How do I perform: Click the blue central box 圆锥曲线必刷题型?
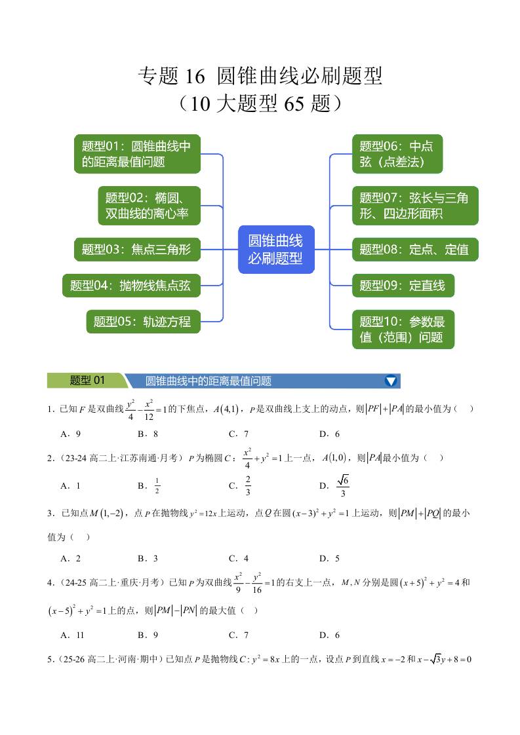click(x=275, y=250)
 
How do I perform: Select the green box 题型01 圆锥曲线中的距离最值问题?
click(x=137, y=155)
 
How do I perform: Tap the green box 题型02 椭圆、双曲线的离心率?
click(x=150, y=206)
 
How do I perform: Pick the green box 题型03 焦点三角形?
click(x=137, y=250)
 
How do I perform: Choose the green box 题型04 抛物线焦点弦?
click(x=131, y=285)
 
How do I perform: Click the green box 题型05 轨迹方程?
click(x=143, y=322)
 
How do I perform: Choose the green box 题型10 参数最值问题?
click(x=403, y=330)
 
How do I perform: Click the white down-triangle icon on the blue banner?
click(x=391, y=381)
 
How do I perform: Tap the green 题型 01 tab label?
click(x=87, y=381)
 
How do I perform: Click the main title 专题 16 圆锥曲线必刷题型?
click(x=260, y=77)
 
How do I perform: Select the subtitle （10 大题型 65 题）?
click(x=260, y=104)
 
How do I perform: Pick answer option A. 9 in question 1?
click(x=70, y=434)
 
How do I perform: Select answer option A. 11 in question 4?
click(x=72, y=635)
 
